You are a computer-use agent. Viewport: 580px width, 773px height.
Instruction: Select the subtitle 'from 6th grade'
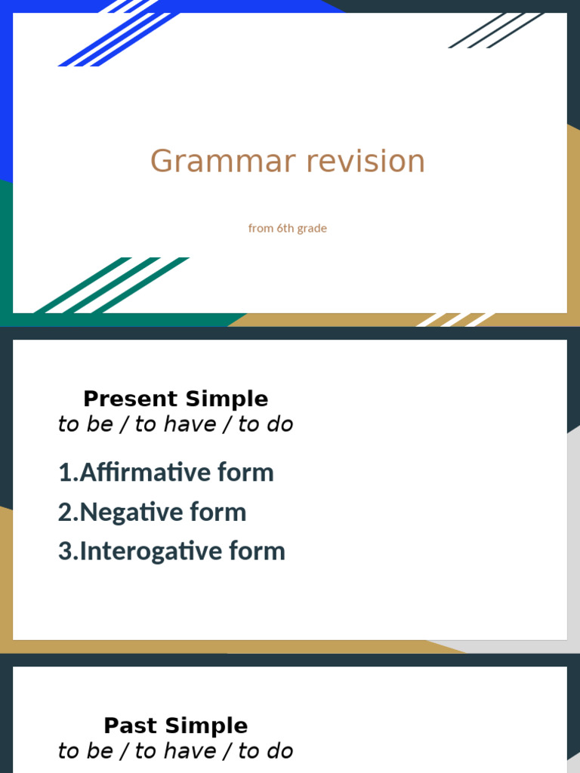[287, 228]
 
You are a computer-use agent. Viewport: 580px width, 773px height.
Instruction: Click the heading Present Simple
[175, 399]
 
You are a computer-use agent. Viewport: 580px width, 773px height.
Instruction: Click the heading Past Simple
[175, 725]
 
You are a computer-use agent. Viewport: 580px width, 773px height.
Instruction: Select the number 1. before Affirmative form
[67, 473]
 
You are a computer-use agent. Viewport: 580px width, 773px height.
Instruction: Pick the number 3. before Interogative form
[67, 552]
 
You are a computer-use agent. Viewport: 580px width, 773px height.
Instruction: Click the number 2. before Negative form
[67, 513]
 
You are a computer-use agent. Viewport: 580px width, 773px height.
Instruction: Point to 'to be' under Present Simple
[85, 424]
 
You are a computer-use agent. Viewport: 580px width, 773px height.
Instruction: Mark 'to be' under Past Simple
[85, 751]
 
